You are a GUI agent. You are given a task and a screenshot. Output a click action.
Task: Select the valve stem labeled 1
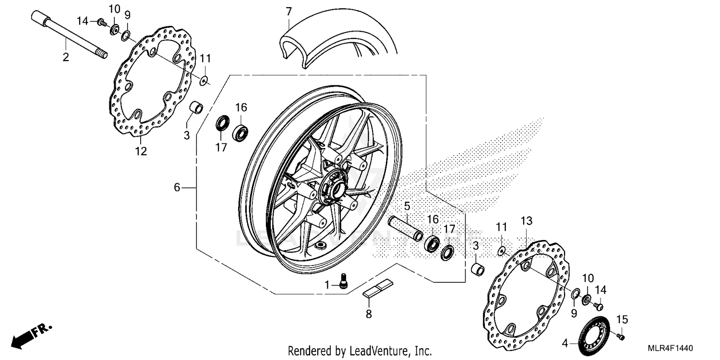[x=343, y=280]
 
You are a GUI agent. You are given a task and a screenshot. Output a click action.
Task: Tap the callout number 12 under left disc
[x=140, y=151]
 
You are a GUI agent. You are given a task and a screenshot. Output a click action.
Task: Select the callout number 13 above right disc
[x=527, y=221]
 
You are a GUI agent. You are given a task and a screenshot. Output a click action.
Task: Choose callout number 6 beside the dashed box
[x=177, y=188]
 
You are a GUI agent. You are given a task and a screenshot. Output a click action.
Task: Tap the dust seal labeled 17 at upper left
[x=222, y=123]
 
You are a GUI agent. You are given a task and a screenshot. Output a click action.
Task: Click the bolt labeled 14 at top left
[x=101, y=22]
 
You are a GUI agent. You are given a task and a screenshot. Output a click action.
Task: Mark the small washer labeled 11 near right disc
[x=501, y=250]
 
